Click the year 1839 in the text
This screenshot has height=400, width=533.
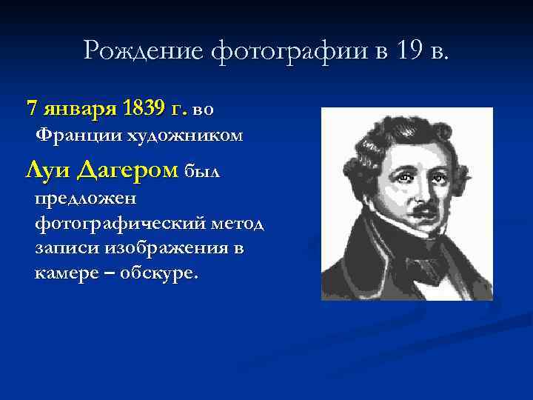pyautogui.click(x=144, y=109)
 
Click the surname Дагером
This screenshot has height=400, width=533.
pyautogui.click(x=127, y=171)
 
